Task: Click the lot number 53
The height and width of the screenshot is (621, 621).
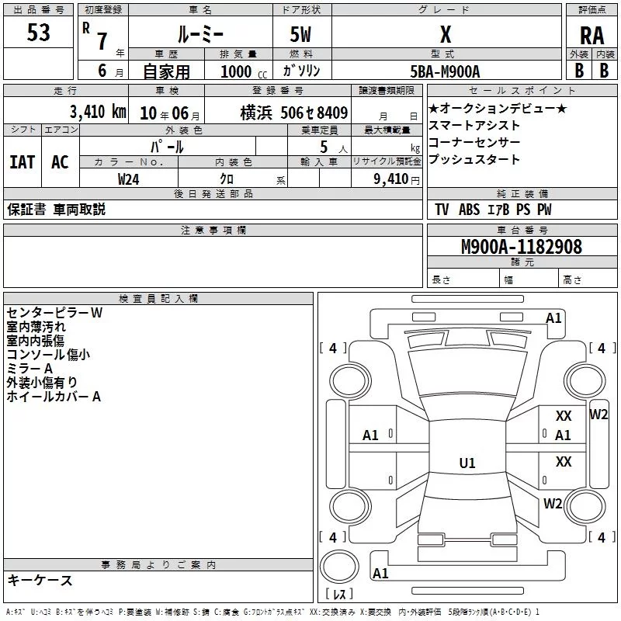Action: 38,32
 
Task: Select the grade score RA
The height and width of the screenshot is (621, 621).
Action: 592,36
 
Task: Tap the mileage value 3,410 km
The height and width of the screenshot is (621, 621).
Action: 98,112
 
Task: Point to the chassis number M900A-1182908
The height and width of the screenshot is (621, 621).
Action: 522,246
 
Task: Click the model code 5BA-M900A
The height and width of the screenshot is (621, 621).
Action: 445,71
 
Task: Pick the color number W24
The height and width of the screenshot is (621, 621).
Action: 128,179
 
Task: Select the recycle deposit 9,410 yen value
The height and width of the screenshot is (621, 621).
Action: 397,179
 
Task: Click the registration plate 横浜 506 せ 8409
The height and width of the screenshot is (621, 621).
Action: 294,113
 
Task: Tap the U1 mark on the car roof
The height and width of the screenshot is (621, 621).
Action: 467,463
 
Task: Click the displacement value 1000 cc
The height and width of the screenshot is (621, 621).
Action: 244,71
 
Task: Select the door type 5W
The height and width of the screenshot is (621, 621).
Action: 300,34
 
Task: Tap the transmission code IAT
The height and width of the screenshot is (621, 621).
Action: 23,162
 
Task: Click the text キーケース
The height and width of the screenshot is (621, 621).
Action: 40,580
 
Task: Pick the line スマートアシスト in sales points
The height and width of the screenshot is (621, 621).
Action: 474,126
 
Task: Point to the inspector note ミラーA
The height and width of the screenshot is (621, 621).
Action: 29,368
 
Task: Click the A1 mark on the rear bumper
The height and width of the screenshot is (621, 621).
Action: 380,573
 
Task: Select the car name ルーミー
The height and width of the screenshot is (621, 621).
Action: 201,35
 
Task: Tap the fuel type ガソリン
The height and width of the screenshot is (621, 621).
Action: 301,71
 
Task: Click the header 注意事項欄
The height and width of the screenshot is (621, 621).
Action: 213,230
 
